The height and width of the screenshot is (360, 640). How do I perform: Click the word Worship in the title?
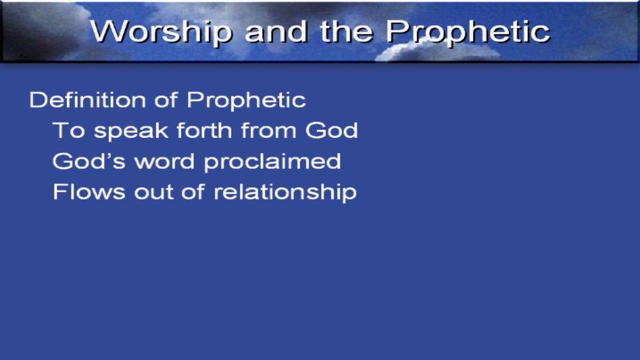161,32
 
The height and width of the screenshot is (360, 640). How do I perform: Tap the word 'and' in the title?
276,31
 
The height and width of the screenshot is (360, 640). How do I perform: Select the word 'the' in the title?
347,31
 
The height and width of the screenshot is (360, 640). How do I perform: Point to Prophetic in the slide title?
468,33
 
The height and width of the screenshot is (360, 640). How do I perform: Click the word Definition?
87,100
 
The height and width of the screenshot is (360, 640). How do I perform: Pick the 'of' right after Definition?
166,100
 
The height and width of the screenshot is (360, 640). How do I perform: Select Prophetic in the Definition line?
246,101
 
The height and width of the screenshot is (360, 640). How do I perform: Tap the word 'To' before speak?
69,130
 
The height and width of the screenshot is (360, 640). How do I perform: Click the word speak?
131,131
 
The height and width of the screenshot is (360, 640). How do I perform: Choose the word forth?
204,130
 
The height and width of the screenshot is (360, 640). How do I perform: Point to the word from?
269,130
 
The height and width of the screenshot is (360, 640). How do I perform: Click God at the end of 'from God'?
331,130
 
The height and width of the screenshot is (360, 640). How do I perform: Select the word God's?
89,161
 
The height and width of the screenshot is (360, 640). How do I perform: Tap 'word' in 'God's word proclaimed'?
165,161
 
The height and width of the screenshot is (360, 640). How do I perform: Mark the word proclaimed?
273,162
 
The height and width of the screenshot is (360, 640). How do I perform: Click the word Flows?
89,191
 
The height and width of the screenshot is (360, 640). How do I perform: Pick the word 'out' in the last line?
154,192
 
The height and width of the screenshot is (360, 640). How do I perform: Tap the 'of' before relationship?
193,191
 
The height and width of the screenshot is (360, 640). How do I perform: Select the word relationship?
285,193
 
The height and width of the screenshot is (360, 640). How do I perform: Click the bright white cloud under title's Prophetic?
437,52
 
